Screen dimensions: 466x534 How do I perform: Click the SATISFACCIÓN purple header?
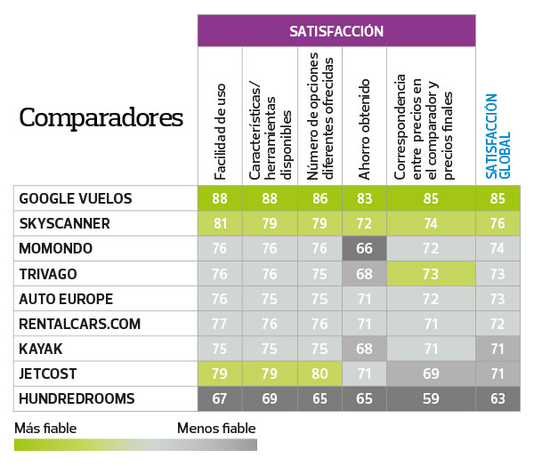point(336,31)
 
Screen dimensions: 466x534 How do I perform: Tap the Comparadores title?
point(101,117)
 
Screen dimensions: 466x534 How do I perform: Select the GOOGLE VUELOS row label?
point(76,198)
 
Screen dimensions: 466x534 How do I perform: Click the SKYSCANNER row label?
point(65,223)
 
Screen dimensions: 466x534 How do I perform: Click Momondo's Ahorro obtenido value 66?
point(364,249)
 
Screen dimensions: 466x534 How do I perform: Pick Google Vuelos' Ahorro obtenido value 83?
point(364,198)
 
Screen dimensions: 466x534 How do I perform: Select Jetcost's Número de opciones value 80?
point(319,374)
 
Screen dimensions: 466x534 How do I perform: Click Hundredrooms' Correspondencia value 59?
point(430,398)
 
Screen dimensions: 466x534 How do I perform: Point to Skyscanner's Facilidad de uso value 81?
point(220,223)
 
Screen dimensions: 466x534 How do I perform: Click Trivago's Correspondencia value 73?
point(430,274)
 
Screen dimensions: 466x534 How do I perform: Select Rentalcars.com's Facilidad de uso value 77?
point(220,324)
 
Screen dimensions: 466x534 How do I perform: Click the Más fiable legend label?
point(45,428)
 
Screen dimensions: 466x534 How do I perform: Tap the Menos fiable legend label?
point(217,428)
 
